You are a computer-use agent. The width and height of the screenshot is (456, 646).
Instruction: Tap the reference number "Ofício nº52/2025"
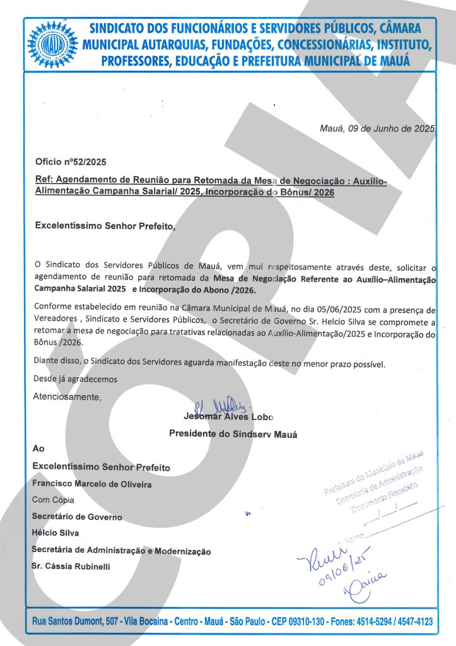[62, 162]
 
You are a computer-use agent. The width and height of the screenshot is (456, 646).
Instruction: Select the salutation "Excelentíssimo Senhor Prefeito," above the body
[105, 225]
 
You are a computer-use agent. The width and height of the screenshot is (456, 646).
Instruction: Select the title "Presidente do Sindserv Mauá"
[233, 434]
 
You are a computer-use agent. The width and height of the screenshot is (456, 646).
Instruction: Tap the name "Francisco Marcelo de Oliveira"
[92, 484]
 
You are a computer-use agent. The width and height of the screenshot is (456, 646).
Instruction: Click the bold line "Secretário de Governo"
[77, 517]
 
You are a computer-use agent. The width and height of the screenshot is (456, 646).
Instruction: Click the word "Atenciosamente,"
[67, 397]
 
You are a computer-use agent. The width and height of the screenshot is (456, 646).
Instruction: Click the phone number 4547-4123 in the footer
[412, 621]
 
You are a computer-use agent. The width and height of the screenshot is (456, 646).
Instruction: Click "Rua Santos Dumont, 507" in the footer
[75, 621]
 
